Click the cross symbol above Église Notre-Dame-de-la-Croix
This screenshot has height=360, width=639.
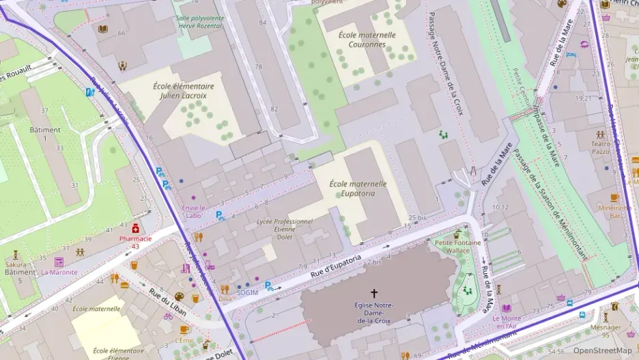[x=373, y=292]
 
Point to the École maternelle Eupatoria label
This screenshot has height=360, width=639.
[x=358, y=189]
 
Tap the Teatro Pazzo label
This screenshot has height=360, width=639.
[x=601, y=147]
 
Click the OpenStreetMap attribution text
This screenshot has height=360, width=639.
[x=603, y=351]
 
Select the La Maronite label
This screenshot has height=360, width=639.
[x=59, y=272]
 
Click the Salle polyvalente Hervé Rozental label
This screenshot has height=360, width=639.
[x=199, y=22]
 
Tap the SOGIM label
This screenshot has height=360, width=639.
[x=247, y=292]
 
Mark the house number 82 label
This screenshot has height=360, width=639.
[x=274, y=109]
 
